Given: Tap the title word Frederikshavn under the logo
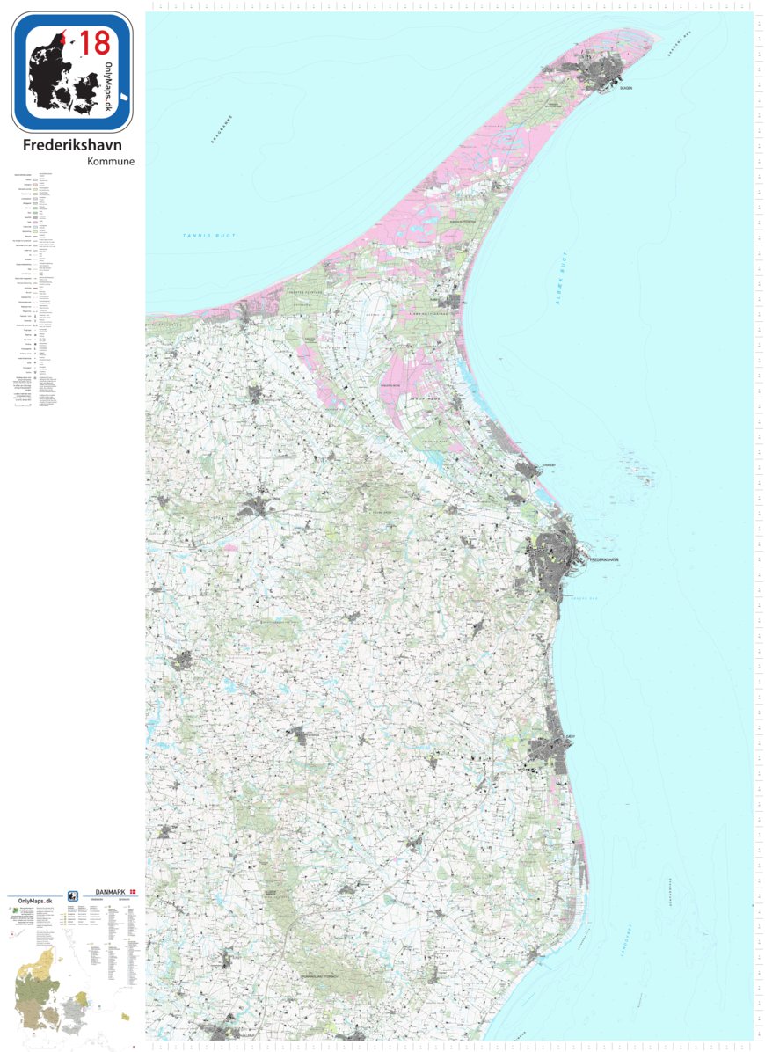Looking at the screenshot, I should [x=72, y=145].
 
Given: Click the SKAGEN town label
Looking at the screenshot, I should [x=625, y=89].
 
